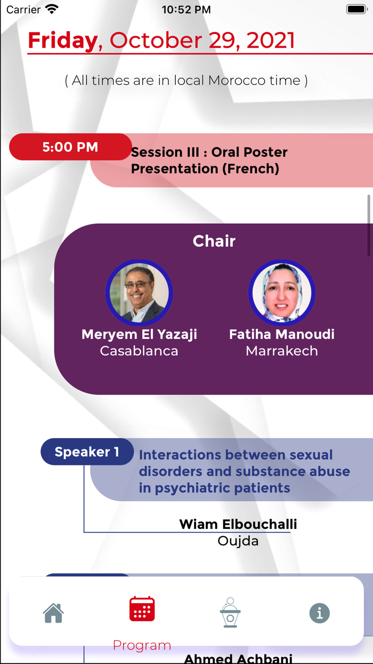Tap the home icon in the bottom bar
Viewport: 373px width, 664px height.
(x=53, y=613)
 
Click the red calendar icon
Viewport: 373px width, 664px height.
(x=142, y=609)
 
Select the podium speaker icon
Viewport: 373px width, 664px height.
(x=230, y=612)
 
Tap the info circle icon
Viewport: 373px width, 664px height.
(x=319, y=613)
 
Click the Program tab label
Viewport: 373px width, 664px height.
(x=142, y=645)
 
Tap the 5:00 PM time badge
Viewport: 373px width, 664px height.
(x=70, y=147)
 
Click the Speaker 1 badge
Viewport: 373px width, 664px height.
(x=87, y=452)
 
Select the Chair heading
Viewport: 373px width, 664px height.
(x=214, y=241)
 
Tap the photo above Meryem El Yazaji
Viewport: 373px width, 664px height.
(x=139, y=293)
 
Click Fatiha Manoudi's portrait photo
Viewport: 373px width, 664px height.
(x=282, y=293)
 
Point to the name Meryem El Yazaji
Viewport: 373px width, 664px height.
(x=139, y=334)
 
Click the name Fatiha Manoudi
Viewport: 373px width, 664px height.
(x=282, y=334)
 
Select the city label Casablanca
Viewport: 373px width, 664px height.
(x=139, y=351)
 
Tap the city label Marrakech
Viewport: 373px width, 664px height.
(x=282, y=351)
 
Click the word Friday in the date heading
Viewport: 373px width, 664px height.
(x=63, y=41)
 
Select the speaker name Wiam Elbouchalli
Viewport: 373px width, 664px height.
(x=238, y=524)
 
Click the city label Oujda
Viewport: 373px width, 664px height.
(x=238, y=541)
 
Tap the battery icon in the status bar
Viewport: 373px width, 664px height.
(x=357, y=10)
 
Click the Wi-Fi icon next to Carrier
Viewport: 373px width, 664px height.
(x=52, y=9)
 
